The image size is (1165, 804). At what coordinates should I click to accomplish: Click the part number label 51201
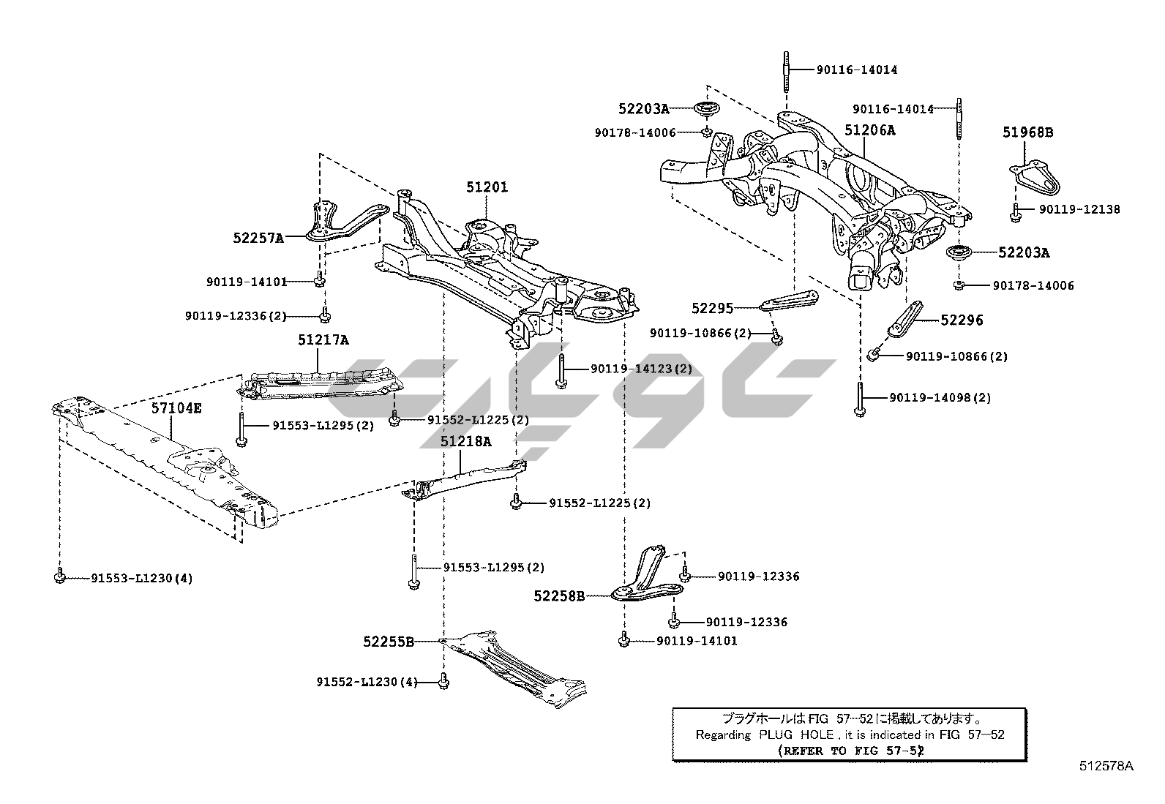487,187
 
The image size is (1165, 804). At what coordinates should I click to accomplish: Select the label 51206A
869,130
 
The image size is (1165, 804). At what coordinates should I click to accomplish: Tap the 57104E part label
176,408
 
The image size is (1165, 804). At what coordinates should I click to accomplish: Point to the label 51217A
323,340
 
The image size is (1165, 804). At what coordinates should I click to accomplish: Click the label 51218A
465,442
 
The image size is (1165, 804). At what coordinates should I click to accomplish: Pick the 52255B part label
388,642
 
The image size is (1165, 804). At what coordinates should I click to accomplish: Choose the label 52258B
559,596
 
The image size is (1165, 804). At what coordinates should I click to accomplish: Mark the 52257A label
258,237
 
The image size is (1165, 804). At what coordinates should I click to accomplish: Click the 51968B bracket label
1027,132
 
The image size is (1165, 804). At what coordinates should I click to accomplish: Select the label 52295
712,309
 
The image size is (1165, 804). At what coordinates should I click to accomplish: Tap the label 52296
962,320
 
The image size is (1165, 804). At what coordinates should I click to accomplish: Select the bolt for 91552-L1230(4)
443,682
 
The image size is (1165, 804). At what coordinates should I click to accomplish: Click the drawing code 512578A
1106,766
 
